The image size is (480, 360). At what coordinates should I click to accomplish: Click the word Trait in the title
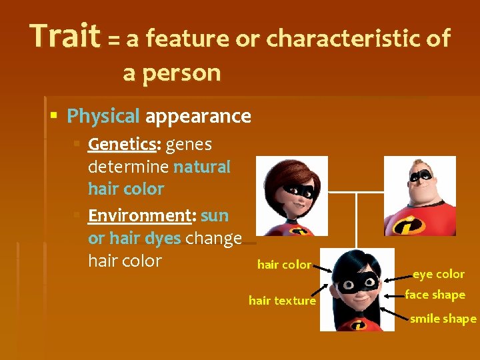(64, 37)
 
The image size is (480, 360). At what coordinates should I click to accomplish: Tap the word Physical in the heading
(103, 117)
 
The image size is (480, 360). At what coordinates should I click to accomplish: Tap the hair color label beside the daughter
(284, 265)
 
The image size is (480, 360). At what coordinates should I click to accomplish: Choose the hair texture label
(282, 301)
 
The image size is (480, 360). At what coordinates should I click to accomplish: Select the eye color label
(438, 274)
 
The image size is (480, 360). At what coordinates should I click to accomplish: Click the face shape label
(435, 295)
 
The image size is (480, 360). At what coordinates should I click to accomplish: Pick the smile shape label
(443, 319)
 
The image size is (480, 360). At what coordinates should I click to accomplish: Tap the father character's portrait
(421, 196)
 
